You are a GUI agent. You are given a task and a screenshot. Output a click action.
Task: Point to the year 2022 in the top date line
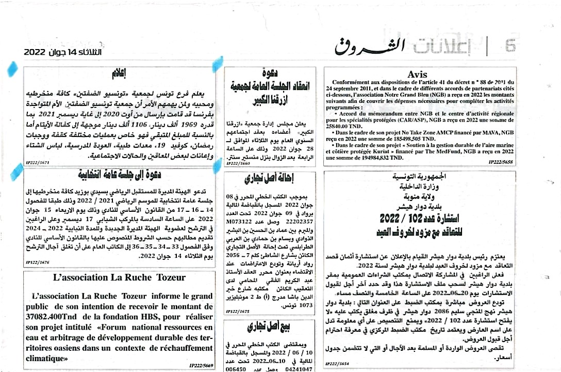pos(35,52)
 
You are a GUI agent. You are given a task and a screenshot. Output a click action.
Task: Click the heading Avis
pos(417,74)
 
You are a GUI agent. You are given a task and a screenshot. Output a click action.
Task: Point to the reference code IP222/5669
pos(202,365)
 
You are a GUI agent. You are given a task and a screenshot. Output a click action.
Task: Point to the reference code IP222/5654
pos(338,364)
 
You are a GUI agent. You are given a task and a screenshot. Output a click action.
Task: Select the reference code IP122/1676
pos(38,262)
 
